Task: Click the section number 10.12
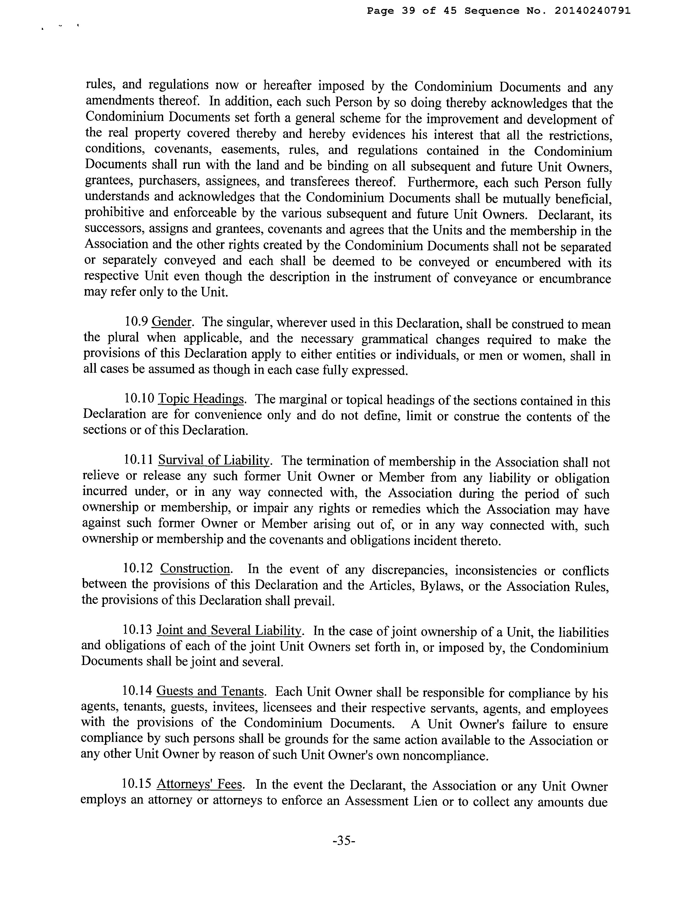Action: (138, 569)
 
